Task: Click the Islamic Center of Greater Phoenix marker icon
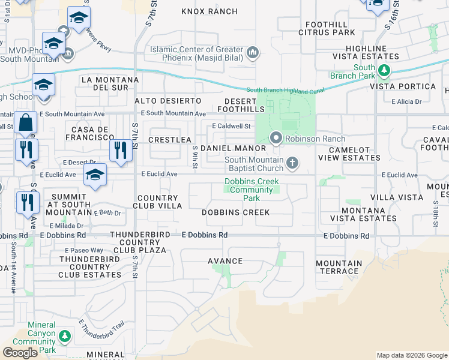click(253, 53)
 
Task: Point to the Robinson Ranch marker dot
click(276, 138)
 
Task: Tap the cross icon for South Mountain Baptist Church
click(292, 163)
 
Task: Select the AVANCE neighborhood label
click(225, 261)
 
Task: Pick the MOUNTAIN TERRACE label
click(339, 267)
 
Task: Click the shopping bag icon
click(25, 123)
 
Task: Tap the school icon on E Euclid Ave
click(95, 175)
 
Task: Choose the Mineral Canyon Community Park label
click(42, 337)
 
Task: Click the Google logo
click(20, 353)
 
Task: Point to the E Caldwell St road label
click(231, 126)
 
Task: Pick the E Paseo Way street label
click(88, 250)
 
